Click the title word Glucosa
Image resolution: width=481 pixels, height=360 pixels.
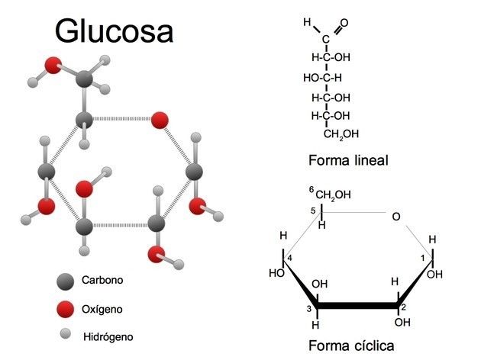pos(114,31)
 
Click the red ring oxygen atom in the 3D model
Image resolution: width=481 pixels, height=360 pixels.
pos(159,120)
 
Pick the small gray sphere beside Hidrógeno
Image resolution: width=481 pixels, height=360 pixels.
pos(66,333)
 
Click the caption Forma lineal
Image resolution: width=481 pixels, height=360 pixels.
pos(348,160)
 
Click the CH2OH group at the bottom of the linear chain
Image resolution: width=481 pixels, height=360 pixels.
pos(341,134)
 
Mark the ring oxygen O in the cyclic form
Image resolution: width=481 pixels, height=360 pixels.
pos(395,217)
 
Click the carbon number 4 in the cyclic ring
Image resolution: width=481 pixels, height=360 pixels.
pos(290,258)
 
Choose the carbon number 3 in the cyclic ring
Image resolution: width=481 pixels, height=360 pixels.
pos(310,307)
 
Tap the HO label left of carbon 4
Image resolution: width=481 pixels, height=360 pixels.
pos(277,272)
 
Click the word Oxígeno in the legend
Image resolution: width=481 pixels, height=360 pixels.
pos(102,309)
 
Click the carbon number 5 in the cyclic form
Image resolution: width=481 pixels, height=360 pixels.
pos(312,211)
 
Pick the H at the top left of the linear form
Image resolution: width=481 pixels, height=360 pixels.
pos(307,23)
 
